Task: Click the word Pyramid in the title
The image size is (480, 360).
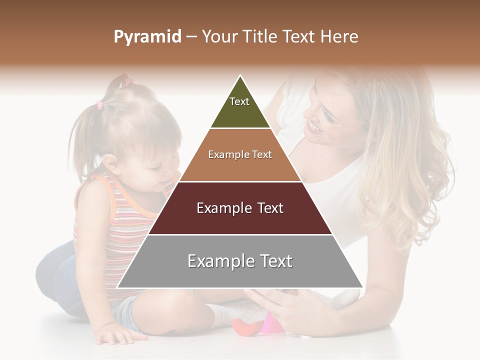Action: (147, 37)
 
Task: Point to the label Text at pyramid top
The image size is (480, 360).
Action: (239, 101)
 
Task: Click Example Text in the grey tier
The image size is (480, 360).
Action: (240, 261)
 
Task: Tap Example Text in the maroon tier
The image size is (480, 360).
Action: (240, 208)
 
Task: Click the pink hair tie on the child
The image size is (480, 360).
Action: (99, 104)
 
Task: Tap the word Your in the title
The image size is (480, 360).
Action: (218, 36)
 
